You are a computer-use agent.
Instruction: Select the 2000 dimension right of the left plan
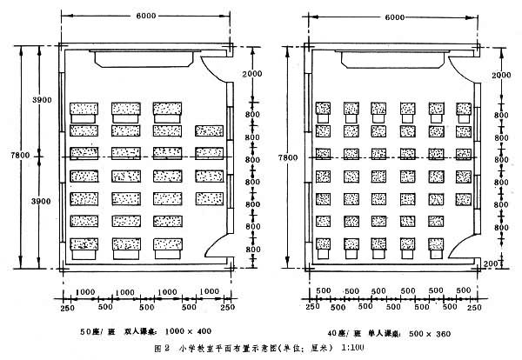pyautogui.click(x=251, y=76)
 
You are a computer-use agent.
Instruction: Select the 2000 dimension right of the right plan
pyautogui.click(x=500, y=76)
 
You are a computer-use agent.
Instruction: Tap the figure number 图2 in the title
pyautogui.click(x=161, y=349)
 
